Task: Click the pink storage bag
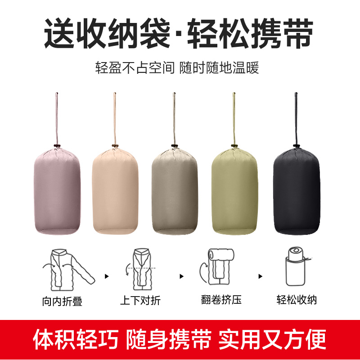pos(57,191)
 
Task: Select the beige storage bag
pos(115,191)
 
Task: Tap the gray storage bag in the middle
pos(174,191)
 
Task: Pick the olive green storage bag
pos(234,191)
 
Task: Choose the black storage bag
pos(296,191)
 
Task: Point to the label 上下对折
pos(140,300)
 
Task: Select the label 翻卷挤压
pos(221,300)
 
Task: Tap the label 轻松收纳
pos(297,300)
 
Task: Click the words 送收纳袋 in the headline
pos(107,34)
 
